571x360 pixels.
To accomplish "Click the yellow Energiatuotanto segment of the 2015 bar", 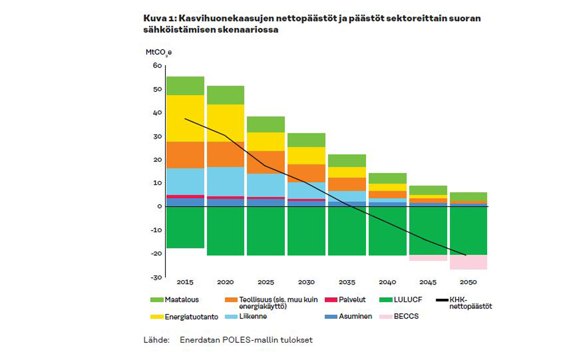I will (x=185, y=118).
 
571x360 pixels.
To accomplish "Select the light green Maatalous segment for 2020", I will (x=225, y=95).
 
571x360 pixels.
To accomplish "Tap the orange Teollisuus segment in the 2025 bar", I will (x=266, y=162).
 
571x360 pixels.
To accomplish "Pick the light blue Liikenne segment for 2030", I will (x=306, y=191).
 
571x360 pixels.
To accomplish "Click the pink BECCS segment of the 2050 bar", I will (x=468, y=262).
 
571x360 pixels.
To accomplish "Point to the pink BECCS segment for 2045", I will (x=428, y=257).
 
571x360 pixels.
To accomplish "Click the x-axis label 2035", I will (x=347, y=282).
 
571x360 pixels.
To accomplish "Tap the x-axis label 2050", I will (x=468, y=282).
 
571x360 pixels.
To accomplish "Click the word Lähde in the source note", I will (x=156, y=340).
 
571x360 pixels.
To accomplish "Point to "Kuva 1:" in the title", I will (x=158, y=18).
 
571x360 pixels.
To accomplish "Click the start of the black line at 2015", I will (x=185, y=119).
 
